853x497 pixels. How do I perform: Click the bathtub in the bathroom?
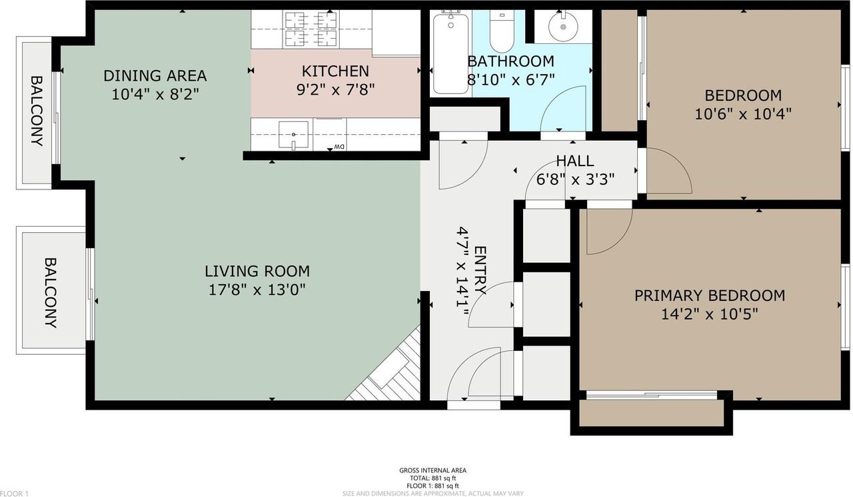450,53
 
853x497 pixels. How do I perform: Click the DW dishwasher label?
337,147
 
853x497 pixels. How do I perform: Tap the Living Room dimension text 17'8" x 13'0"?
257,290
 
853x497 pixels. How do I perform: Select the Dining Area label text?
155,76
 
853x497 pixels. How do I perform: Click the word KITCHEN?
335,71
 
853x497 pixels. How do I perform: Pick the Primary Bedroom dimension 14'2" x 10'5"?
709,314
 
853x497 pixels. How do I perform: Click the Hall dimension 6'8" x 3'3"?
575,179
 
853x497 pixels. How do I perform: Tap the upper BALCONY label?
37,111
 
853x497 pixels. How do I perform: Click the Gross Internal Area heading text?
432,470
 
